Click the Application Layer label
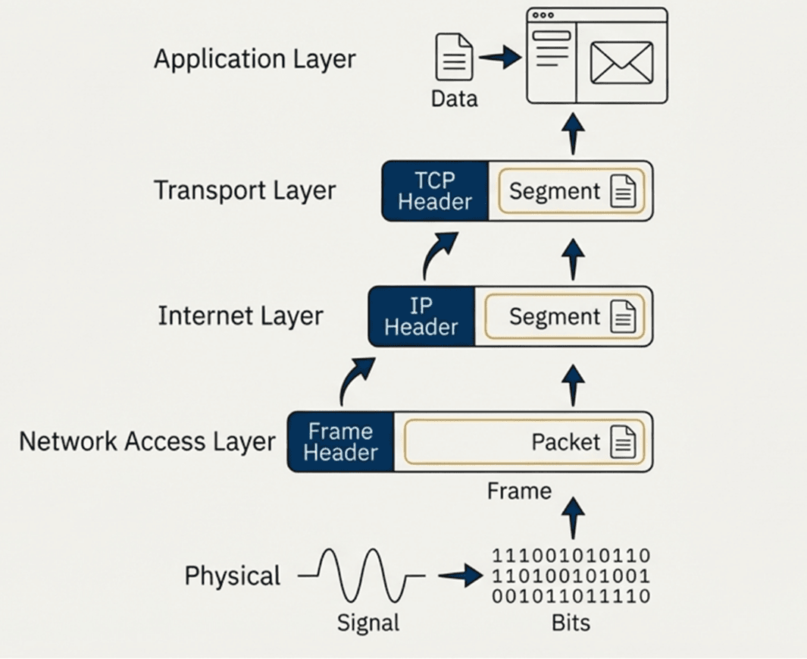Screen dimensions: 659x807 [255, 59]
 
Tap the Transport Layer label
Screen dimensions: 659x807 [245, 190]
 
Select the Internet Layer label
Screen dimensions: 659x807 [240, 315]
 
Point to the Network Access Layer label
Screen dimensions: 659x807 [147, 441]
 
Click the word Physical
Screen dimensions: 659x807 [232, 576]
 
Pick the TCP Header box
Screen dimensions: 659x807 [435, 191]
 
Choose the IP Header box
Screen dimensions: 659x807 [421, 316]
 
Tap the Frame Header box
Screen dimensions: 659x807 [341, 442]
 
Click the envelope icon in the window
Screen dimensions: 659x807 [621, 62]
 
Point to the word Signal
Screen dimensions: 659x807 [368, 623]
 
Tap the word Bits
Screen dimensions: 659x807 [571, 623]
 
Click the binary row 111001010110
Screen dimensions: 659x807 [571, 556]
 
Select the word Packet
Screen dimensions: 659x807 [565, 442]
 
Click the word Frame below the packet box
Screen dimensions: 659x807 [519, 491]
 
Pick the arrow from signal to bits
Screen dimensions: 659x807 [460, 576]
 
